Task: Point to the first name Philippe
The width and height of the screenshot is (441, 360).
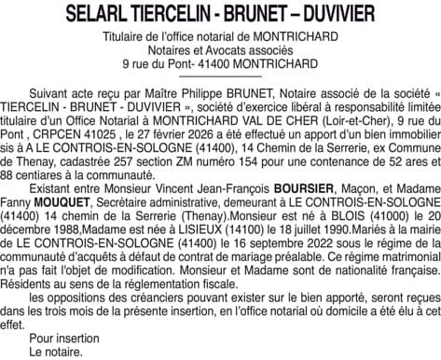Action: pos(177,96)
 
